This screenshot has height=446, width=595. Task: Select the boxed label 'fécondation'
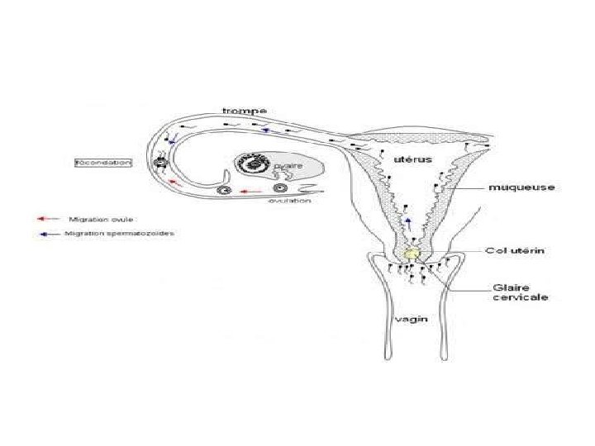click(102, 163)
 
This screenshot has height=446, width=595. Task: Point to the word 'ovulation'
click(289, 201)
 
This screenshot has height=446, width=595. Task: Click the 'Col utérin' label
click(514, 250)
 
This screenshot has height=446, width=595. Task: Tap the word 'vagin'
click(411, 317)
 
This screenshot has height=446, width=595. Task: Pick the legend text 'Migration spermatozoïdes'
click(125, 234)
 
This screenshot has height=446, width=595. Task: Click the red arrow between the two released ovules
click(245, 190)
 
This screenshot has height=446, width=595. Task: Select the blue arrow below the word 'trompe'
click(265, 130)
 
